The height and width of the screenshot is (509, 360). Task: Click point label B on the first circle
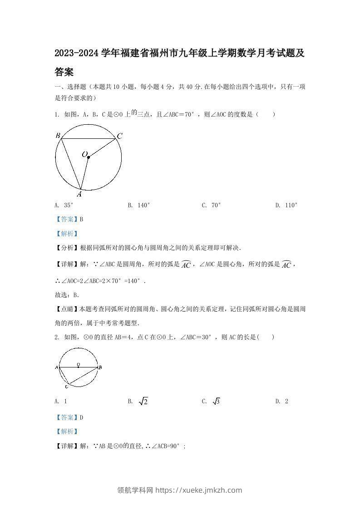point(58,135)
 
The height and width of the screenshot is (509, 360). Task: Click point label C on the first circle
point(119,136)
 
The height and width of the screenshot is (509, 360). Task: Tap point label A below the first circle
point(79,194)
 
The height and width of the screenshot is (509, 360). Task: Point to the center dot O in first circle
point(88,157)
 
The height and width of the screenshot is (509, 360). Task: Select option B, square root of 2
point(138,401)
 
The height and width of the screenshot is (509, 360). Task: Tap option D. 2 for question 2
point(281,401)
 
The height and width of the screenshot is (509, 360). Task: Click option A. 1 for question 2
point(61,401)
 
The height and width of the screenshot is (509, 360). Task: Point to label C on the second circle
point(66,387)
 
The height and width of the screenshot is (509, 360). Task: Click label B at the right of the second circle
point(100,367)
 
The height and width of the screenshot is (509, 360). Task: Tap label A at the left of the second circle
point(56,367)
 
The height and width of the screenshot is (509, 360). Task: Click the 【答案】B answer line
point(69,220)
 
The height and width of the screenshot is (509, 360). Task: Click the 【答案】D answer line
point(69,417)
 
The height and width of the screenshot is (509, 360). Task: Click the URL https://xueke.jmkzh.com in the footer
point(198,490)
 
